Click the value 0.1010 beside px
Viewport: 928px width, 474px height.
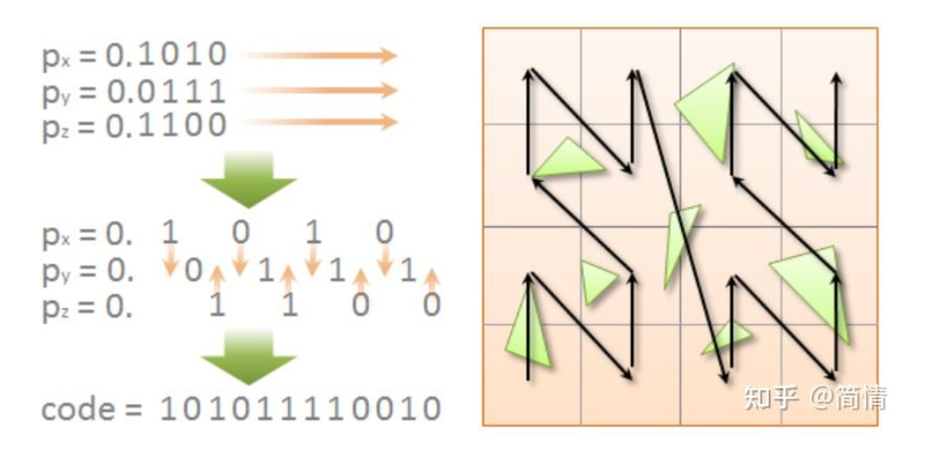pyautogui.click(x=166, y=55)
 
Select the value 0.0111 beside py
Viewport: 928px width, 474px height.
pyautogui.click(x=166, y=90)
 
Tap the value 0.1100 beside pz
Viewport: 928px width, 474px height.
pyautogui.click(x=166, y=124)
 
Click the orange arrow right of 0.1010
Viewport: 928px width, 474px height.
pyautogui.click(x=319, y=56)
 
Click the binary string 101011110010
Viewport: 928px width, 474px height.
pyautogui.click(x=300, y=409)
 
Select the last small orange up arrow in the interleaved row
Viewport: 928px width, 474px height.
pyautogui.click(x=433, y=275)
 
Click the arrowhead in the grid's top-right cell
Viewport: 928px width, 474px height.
pyautogui.click(x=836, y=79)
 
